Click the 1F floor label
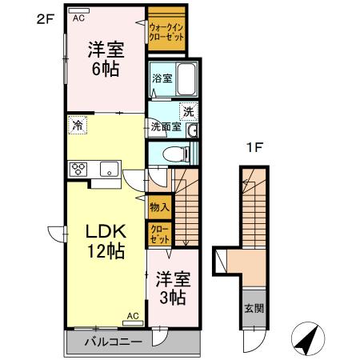[254, 149]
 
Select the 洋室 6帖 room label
[103, 58]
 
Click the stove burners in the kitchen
[81, 168]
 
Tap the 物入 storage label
[158, 206]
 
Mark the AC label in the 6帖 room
[78, 17]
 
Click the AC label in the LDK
[133, 317]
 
